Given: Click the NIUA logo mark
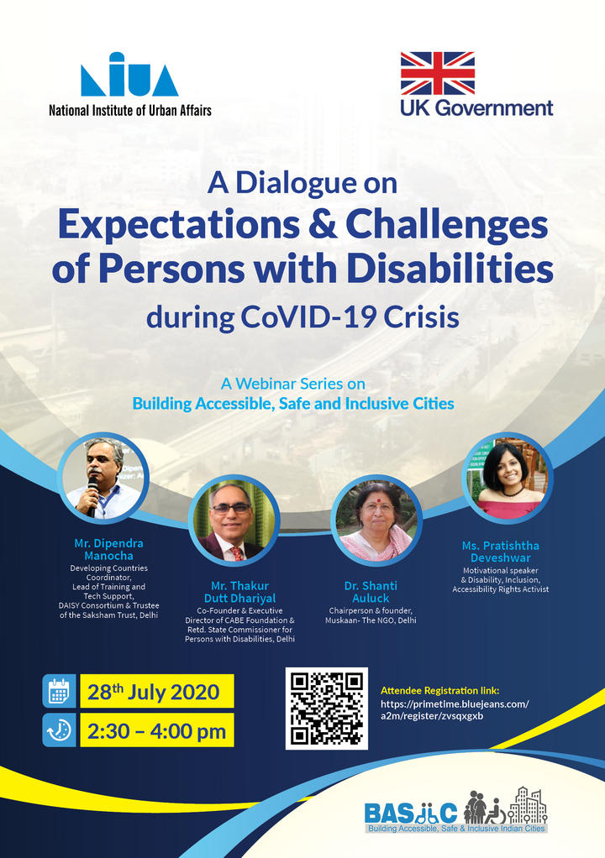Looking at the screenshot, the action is [x=129, y=75].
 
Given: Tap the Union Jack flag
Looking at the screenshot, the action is [x=438, y=73].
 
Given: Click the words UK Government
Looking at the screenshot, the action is [x=476, y=107].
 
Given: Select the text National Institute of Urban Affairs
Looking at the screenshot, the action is [x=130, y=111].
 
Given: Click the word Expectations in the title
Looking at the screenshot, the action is [x=178, y=225].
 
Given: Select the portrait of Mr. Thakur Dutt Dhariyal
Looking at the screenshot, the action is [x=234, y=520].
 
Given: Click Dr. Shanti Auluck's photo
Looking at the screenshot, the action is [x=376, y=520].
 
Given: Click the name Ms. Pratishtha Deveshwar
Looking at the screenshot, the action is [x=501, y=552].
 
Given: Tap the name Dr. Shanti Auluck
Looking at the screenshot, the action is [x=371, y=592].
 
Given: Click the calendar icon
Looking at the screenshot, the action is [x=59, y=691].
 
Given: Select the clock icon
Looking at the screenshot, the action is [x=59, y=730].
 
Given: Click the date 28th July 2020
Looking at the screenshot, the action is [x=153, y=692].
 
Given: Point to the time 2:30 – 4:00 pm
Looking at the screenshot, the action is [x=156, y=731].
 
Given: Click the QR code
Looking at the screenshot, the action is [x=327, y=708].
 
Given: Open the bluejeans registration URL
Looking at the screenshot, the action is [x=455, y=709].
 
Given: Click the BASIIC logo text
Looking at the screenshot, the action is [x=411, y=814].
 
